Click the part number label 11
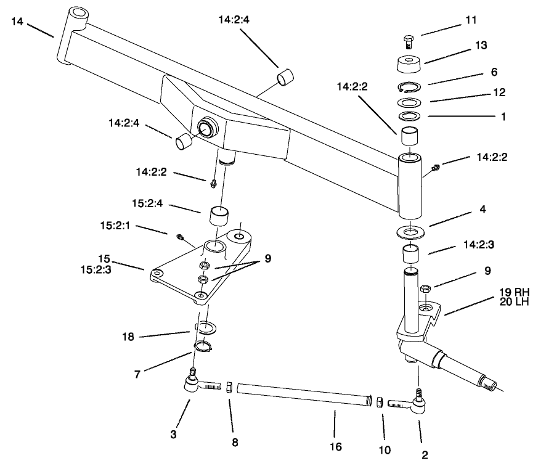coord(471,21)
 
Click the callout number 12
coord(499,92)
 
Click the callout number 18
coord(128,337)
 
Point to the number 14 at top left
coord(17,22)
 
